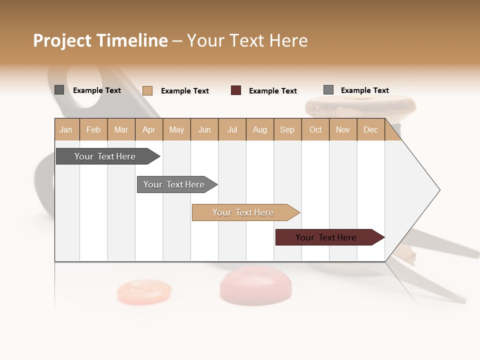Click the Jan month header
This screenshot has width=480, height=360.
(66, 129)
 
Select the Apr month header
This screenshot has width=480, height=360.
(148, 129)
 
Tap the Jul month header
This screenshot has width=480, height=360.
(232, 129)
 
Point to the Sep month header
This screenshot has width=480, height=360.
(287, 129)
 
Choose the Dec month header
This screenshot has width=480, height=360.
(370, 129)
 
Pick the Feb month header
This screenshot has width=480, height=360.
(93, 129)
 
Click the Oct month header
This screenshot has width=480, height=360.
(315, 129)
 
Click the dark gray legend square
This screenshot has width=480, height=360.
(59, 90)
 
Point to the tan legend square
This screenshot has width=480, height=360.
(147, 90)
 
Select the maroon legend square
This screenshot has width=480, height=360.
(236, 90)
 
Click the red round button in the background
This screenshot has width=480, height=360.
(255, 285)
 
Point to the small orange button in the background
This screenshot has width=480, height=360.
(144, 292)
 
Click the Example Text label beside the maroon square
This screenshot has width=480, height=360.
(272, 91)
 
